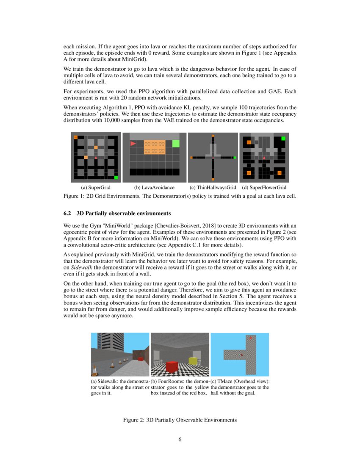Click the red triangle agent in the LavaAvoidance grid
pos(133,144)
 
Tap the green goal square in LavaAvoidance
pos(176,144)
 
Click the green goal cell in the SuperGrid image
pos(116,178)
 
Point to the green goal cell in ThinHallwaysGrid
pos(235,158)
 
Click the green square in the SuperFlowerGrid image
pos(283,139)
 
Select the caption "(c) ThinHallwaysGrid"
pos(213,187)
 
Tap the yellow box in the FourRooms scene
pos(192,361)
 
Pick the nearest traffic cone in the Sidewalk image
pos(95,371)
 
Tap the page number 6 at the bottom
pos(180,439)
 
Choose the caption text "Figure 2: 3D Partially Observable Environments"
pos(180,420)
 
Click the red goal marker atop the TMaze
pos(251,338)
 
